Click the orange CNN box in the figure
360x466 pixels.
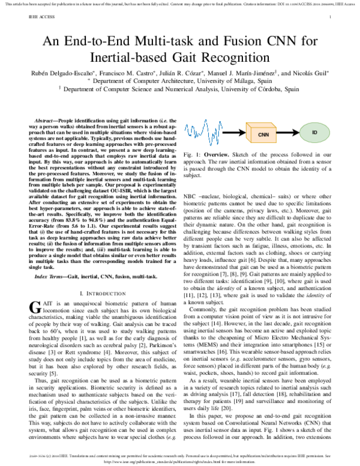pos(263,135)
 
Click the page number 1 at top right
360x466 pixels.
pos(331,18)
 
